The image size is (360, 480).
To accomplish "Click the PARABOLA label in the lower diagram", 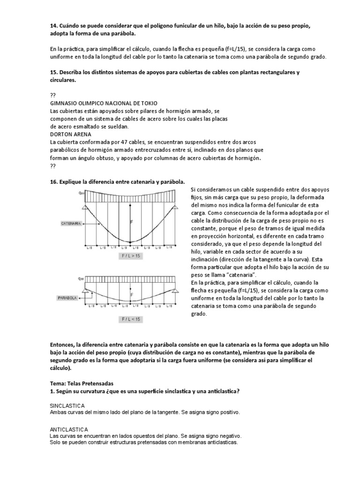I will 67,297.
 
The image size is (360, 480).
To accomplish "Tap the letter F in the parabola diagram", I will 132,295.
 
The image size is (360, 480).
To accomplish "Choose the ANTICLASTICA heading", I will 68,429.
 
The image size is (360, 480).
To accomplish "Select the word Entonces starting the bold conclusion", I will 64,345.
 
